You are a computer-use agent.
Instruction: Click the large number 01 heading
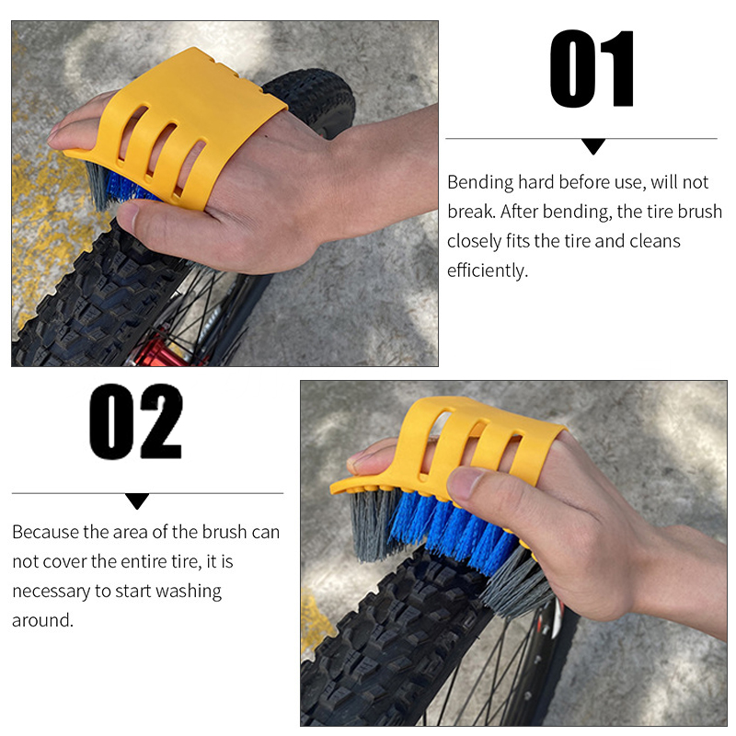click(x=592, y=68)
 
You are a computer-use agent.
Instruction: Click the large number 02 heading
click(x=135, y=421)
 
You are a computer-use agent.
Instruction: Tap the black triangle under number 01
click(x=592, y=146)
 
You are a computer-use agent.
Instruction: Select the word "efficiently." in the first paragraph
click(x=488, y=270)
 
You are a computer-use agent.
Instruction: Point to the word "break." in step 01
click(x=471, y=212)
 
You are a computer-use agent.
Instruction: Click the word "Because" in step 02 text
click(x=45, y=532)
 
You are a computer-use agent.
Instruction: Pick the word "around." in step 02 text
click(x=42, y=620)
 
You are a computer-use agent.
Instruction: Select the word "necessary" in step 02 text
click(x=52, y=592)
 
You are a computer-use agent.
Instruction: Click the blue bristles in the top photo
click(x=126, y=187)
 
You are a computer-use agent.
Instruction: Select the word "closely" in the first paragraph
click(x=474, y=242)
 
